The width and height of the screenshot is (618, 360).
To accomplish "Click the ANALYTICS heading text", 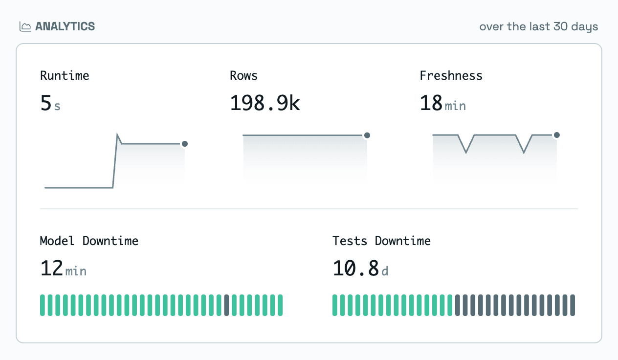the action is [65, 26].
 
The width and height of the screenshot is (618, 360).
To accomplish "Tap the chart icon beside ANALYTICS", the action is [25, 27].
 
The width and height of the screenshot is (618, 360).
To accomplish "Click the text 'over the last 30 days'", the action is [538, 27].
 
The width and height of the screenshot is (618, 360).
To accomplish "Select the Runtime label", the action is [65, 76].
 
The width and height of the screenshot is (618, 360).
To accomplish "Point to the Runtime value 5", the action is [46, 103].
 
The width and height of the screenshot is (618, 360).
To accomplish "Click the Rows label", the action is [243, 76].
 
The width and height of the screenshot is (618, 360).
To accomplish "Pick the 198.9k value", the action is [265, 103].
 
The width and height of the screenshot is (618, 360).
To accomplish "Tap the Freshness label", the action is [451, 76].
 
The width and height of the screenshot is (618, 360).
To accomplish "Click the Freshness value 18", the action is [431, 103].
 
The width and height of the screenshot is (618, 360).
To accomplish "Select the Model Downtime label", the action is [89, 241].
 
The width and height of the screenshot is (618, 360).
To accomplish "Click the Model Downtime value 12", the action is [52, 268].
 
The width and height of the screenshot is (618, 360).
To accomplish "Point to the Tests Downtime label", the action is [381, 241].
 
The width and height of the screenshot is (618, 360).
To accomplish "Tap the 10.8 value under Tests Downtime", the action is [355, 268].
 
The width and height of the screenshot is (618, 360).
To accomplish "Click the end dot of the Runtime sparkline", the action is [185, 144].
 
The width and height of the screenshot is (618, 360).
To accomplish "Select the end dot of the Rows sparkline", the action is [367, 135].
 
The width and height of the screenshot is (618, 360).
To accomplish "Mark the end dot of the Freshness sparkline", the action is [557, 135].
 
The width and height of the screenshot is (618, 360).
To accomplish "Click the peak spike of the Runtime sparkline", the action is [117, 134].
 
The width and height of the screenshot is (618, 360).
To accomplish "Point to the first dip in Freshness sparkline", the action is [466, 152].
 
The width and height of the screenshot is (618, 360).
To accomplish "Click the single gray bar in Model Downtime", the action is [226, 305].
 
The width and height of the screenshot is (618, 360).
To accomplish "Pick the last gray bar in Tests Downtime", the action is [573, 305].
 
